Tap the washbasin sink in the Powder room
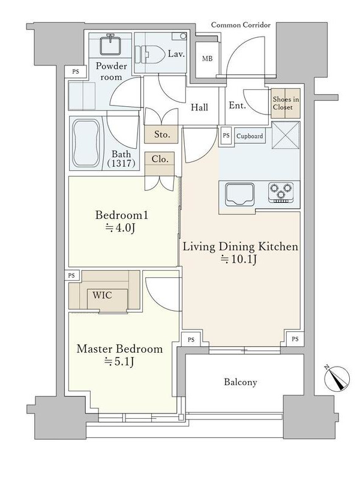pyautogui.click(x=110, y=44)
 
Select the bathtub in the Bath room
pyautogui.click(x=86, y=143)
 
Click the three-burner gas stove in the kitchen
pyautogui.click(x=281, y=192)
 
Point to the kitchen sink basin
pyautogui.click(x=239, y=194)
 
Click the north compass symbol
pyautogui.click(x=337, y=379)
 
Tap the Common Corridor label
pyautogui.click(x=241, y=25)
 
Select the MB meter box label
pyautogui.click(x=207, y=58)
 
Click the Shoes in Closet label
pyautogui.click(x=286, y=103)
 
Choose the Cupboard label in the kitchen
pyautogui.click(x=250, y=136)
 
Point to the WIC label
pyautogui.click(x=102, y=295)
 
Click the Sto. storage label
pyautogui.click(x=162, y=134)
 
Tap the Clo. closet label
pyautogui.click(x=160, y=159)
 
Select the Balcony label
pyautogui.click(x=241, y=382)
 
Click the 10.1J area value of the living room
pyautogui.click(x=239, y=260)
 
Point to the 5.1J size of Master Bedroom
pyautogui.click(x=119, y=362)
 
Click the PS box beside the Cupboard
pyautogui.click(x=226, y=136)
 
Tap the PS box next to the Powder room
pyautogui.click(x=76, y=71)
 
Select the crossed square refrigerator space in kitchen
pyautogui.click(x=286, y=136)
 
